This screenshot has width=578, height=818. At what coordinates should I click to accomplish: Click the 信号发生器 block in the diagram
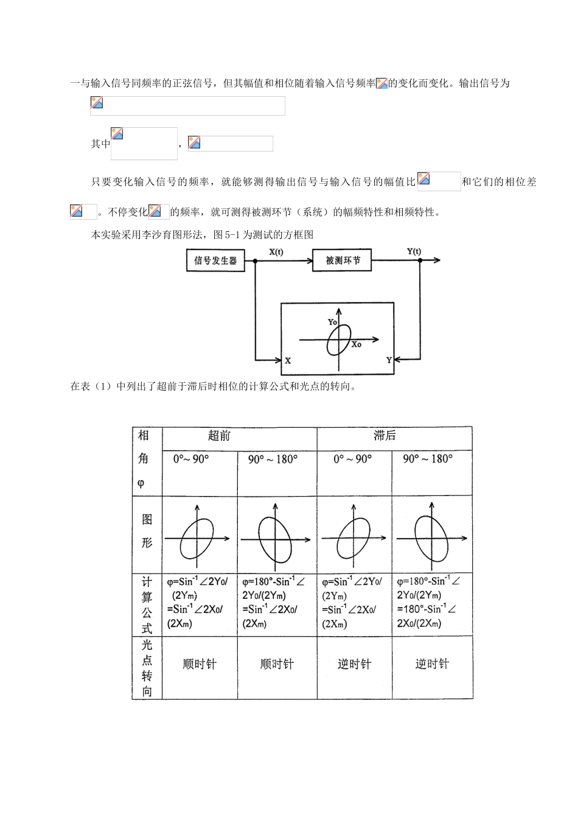[x=215, y=261]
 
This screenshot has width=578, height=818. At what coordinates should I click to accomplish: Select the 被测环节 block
[x=343, y=260]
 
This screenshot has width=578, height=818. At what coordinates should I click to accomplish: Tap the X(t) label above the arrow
[x=275, y=252]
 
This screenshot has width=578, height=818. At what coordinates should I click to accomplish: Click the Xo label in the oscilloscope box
[x=357, y=344]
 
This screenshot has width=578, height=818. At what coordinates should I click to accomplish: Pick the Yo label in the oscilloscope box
[x=332, y=322]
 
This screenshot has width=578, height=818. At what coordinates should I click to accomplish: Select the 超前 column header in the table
[x=219, y=436]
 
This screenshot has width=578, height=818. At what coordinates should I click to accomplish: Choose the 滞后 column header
[x=385, y=436]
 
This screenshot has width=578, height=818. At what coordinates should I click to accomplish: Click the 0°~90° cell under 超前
[x=191, y=459]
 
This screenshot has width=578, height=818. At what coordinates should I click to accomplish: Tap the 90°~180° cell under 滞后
[x=428, y=459]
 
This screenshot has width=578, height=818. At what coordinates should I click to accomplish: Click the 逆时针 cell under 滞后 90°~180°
[x=432, y=664]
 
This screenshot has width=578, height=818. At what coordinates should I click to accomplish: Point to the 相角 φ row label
[x=144, y=460]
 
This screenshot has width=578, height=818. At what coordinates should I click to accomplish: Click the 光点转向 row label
[x=147, y=668]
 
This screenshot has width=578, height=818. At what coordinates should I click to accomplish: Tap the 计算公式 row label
[x=147, y=605]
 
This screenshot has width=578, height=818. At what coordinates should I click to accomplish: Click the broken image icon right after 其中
[x=117, y=134]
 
